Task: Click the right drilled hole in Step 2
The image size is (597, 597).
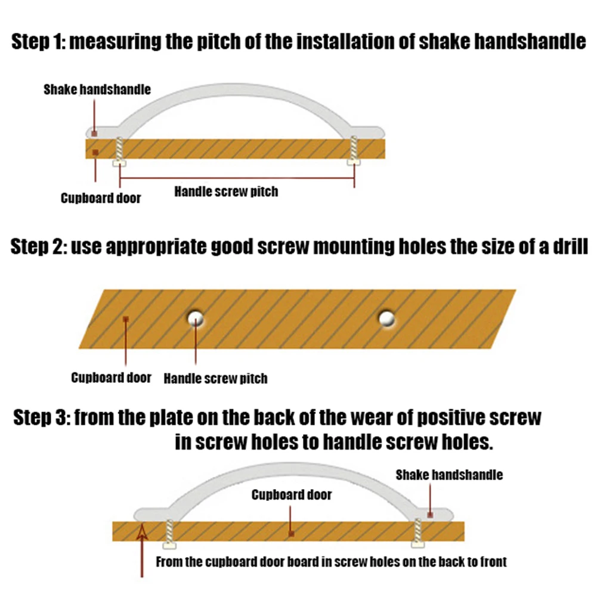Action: point(388,318)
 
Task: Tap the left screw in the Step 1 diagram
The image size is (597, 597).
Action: point(119,151)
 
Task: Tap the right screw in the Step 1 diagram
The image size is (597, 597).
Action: point(354,150)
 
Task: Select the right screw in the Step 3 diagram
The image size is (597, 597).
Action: point(419,531)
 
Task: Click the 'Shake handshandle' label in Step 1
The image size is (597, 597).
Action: point(97,90)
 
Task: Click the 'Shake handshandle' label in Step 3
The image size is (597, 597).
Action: point(449,475)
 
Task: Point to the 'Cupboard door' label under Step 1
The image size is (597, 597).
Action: point(101,198)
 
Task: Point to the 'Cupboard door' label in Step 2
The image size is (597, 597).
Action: point(111,378)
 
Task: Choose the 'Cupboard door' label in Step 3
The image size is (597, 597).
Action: point(292,494)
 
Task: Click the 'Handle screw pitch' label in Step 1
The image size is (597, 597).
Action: point(226,192)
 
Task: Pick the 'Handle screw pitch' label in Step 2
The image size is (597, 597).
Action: point(215,378)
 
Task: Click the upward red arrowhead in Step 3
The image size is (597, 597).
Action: point(142,529)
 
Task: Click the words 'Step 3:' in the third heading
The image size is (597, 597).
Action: point(41,417)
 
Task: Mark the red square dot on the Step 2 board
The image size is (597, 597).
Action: point(126,320)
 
